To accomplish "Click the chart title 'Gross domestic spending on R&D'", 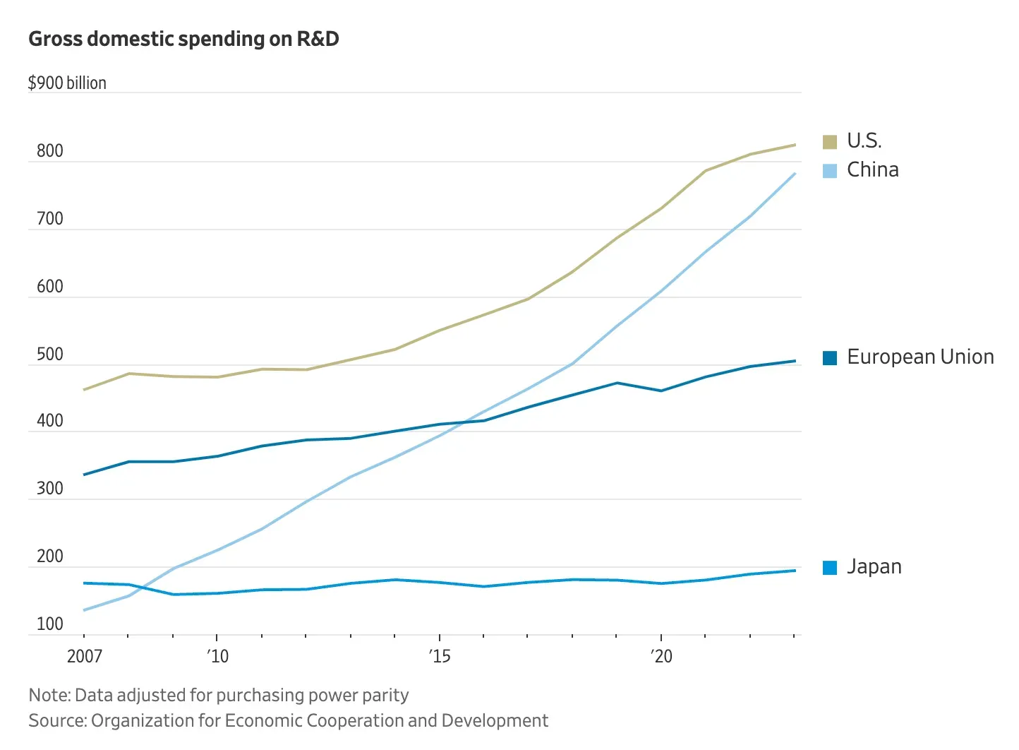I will pos(183,39).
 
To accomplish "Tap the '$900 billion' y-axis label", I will pos(67,83).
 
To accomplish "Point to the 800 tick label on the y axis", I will pos(50,151).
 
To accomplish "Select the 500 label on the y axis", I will pos(50,355).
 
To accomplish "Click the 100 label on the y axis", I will pos(50,624).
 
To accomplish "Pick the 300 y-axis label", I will pos(50,489).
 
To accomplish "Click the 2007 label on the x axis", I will pos(85,657).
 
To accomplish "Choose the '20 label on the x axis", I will pos(662,657).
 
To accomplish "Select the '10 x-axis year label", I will pos(218,657).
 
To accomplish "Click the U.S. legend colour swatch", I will pos(830,142).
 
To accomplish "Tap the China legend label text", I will pos(873,170).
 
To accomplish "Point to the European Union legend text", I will pos(920,357).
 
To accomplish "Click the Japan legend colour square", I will pos(830,568).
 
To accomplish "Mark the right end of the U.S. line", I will pos(795,145).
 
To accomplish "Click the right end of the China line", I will pos(795,174).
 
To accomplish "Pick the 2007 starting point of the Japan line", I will pos(85,583).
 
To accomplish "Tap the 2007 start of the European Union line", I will pos(85,475).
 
